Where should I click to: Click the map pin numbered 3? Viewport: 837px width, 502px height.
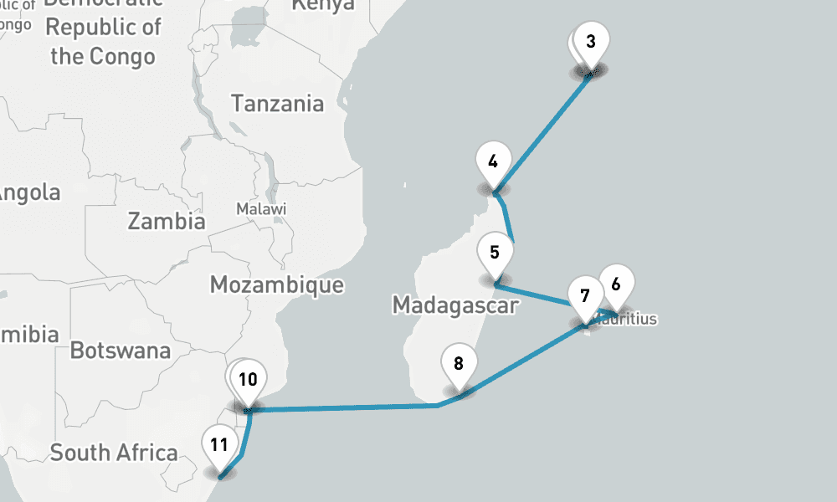click(591, 42)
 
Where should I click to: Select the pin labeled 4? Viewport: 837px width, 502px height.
click(493, 161)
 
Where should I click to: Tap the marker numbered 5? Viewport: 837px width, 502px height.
click(495, 252)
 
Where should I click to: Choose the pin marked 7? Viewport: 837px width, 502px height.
click(584, 295)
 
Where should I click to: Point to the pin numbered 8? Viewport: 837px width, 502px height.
click(459, 364)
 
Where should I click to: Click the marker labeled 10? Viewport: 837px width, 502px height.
click(248, 379)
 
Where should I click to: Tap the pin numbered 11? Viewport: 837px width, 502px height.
click(219, 444)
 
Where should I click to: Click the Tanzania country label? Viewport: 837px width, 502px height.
click(277, 104)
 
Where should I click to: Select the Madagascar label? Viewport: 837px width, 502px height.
click(454, 305)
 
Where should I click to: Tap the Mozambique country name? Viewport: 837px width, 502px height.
click(276, 284)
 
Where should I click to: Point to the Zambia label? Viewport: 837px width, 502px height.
click(166, 222)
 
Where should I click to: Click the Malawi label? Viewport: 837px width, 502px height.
click(261, 208)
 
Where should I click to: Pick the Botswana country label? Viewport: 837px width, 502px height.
click(120, 351)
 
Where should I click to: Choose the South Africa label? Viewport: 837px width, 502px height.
click(114, 453)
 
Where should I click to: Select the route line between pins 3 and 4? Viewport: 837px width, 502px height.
click(544, 134)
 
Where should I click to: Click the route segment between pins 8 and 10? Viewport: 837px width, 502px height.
click(343, 408)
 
